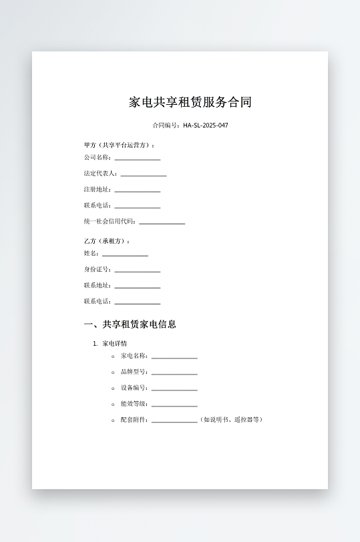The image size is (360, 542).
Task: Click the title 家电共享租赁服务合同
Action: coord(190,103)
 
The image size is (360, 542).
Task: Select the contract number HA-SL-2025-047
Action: coord(206,125)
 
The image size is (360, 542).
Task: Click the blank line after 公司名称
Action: coord(137,159)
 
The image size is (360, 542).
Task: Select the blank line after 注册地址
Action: coord(137,191)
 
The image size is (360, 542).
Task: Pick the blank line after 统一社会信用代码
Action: coord(162,223)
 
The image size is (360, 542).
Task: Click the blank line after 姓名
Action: coord(125,255)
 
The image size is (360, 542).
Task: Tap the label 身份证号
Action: coord(98,270)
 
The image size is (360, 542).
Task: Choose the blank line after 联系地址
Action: coord(137,287)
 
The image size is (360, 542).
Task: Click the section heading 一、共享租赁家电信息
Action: coord(130,325)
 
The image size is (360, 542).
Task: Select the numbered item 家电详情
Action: coord(114,343)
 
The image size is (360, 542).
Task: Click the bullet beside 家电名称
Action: coord(113,356)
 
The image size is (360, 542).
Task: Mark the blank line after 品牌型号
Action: coord(174,374)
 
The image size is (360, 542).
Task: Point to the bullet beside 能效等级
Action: coord(113,404)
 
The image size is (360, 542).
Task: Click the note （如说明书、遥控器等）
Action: coord(232,420)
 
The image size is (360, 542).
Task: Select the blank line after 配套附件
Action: coord(174,422)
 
